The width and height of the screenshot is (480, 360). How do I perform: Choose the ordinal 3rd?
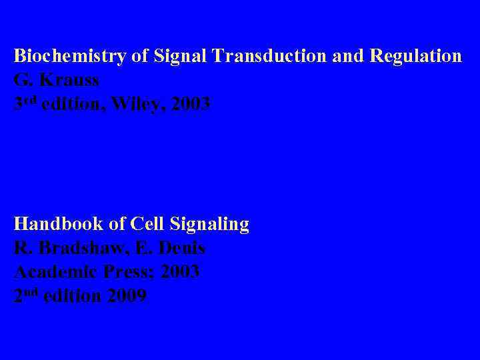(25, 104)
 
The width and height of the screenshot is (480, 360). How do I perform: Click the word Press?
(131, 272)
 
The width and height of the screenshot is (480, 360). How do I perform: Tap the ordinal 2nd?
(25, 296)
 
